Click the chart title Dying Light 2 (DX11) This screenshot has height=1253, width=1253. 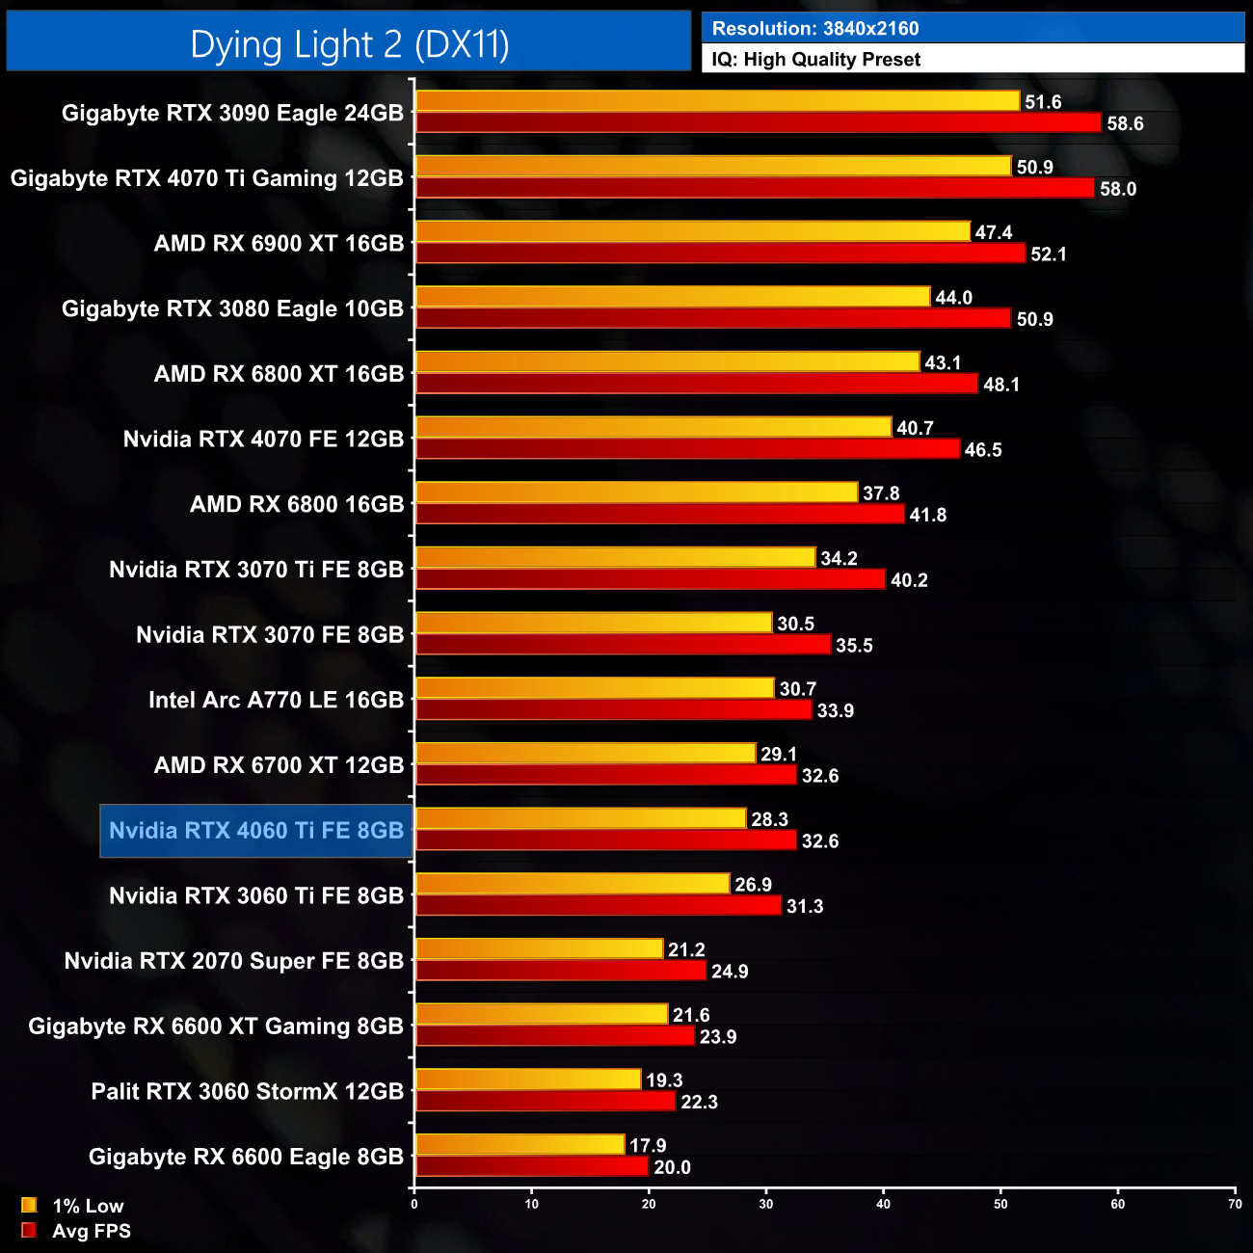tap(349, 44)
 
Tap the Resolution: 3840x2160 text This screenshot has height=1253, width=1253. tap(815, 29)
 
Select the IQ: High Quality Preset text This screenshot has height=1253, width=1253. tap(816, 60)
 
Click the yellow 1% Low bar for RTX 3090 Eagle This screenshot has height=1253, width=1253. tap(717, 101)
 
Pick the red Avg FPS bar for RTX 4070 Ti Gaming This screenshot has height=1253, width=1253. tap(755, 188)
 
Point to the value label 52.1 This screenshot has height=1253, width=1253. tap(1049, 254)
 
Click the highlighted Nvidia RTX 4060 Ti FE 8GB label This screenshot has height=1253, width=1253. tap(256, 831)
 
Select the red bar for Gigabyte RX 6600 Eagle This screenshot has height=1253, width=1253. tap(531, 1166)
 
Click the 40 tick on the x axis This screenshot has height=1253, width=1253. tap(883, 1204)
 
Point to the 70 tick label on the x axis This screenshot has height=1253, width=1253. tap(1235, 1204)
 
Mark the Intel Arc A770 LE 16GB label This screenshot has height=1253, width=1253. tap(276, 700)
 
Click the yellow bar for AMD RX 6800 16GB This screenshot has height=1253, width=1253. tap(636, 493)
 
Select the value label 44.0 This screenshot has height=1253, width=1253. tap(953, 298)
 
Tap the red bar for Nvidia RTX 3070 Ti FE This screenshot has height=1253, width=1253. tap(650, 579)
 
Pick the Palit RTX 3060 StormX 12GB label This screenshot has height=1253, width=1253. tap(247, 1091)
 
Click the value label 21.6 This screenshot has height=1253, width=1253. tap(691, 1015)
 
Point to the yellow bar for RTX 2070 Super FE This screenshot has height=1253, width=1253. tap(539, 949)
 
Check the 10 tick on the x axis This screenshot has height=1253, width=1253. tap(532, 1204)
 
